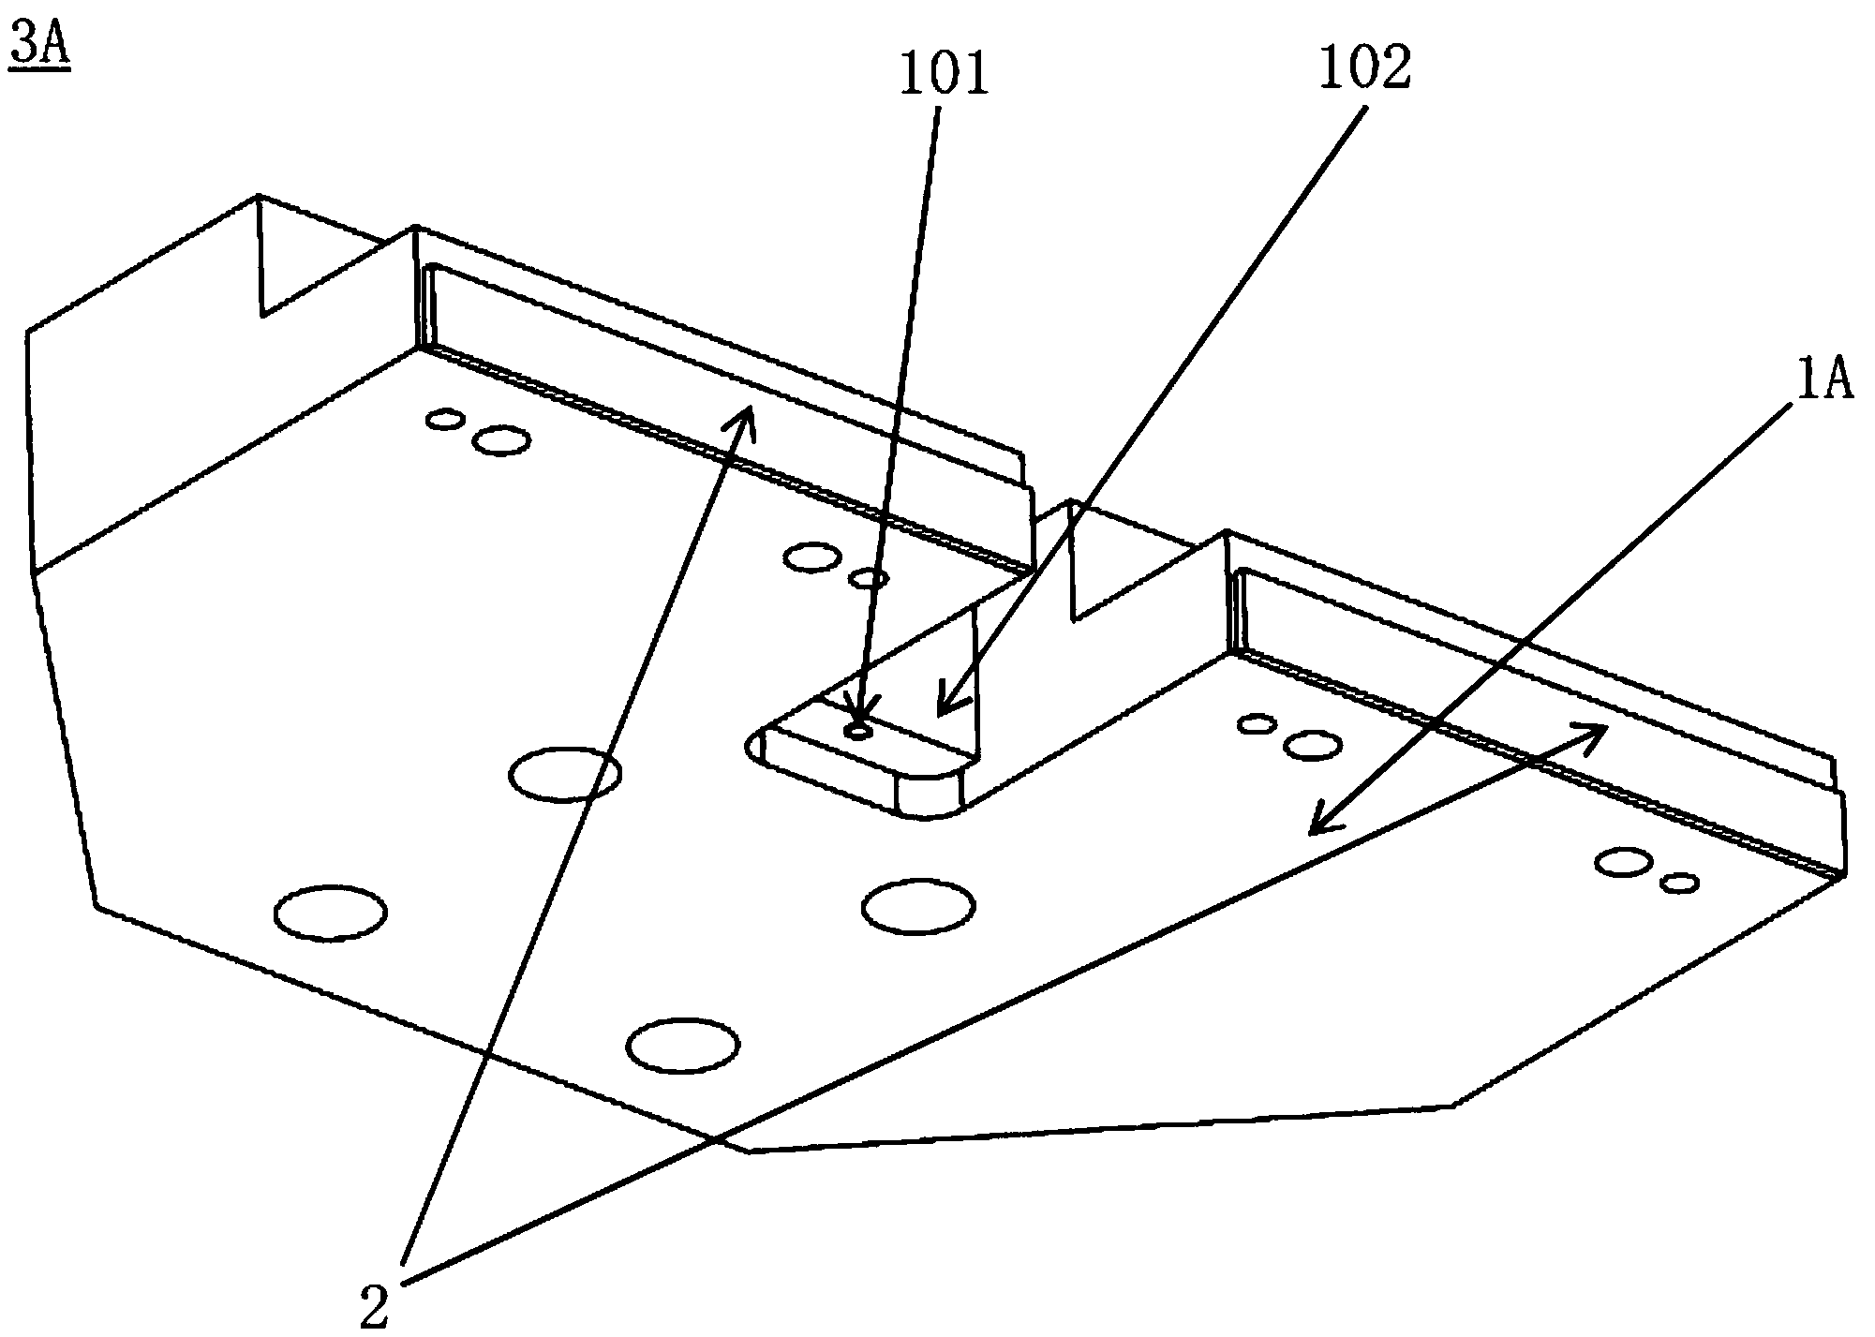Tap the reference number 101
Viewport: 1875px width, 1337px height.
click(x=943, y=73)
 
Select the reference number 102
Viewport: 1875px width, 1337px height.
click(x=1363, y=67)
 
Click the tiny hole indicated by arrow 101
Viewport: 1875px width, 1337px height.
click(x=858, y=731)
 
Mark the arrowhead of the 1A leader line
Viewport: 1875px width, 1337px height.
click(x=1314, y=830)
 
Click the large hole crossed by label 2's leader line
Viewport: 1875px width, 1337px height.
click(x=564, y=774)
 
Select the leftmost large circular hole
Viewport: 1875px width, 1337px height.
click(x=330, y=913)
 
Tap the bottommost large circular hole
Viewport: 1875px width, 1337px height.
click(x=682, y=1046)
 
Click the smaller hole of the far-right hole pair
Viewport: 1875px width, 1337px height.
click(x=1679, y=883)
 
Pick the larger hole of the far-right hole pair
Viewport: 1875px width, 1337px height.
click(x=1623, y=862)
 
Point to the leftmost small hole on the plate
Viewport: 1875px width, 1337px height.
click(x=445, y=419)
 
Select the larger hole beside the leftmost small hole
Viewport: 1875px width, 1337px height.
click(x=501, y=439)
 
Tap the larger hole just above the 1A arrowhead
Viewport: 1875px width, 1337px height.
click(x=1311, y=746)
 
